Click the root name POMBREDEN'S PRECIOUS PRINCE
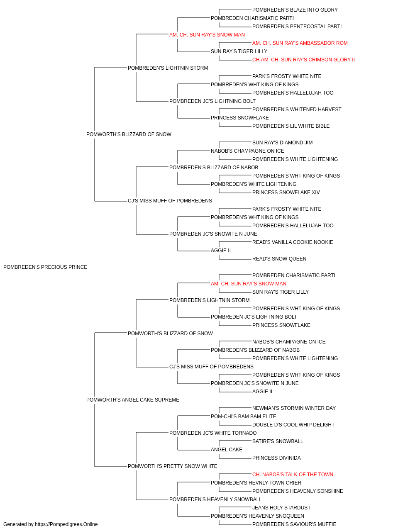pos(45,267)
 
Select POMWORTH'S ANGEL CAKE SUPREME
pos(133,400)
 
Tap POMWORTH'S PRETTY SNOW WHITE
pos(173,466)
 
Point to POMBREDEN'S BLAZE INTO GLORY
pos(295,10)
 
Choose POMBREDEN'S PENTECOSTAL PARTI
pos(297,27)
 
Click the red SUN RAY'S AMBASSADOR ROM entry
pos(300,43)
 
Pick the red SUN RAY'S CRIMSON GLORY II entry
pos(303,60)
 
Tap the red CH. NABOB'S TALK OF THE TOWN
pos(293,475)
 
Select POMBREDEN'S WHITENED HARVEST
pos(297,110)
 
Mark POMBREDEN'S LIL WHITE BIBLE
pos(291,126)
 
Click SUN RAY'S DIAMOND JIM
pos(282,143)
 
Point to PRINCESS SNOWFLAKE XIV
pos(286,192)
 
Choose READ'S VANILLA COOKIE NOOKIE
pos(293,242)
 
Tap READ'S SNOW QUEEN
pos(279,259)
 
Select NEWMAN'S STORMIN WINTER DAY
pos(294,408)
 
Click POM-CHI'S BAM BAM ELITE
pos(244,417)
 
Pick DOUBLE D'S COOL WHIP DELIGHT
pos(293,425)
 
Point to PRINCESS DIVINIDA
pos(276,458)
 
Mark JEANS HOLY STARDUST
pos(281,508)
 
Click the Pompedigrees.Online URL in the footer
pos(66,524)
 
